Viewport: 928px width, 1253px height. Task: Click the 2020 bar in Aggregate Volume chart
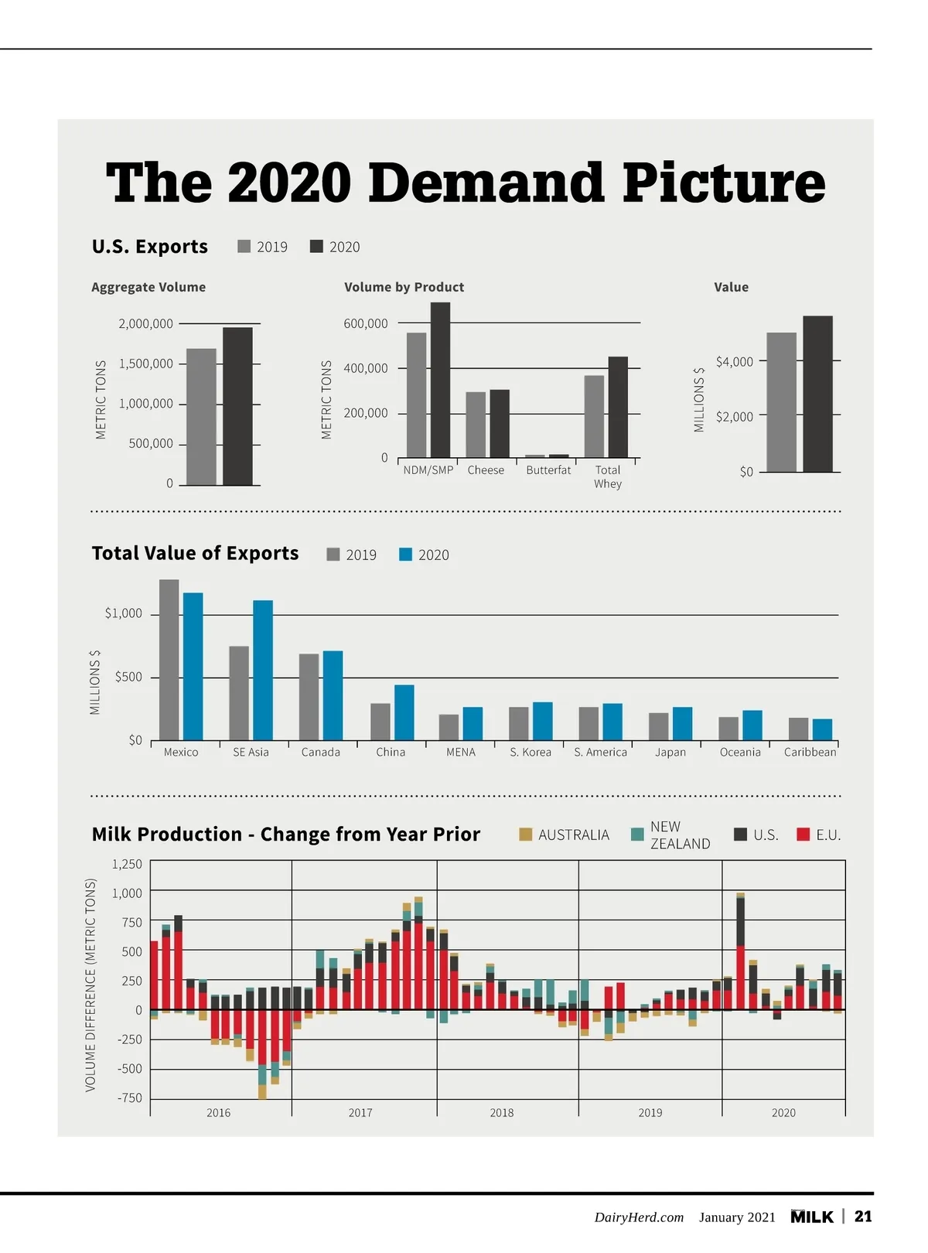click(237, 406)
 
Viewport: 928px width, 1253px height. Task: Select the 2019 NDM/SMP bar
click(416, 394)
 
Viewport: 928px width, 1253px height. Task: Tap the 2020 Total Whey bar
click(618, 407)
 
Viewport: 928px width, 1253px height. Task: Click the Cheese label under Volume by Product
click(486, 470)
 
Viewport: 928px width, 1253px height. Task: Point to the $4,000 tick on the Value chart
click(734, 362)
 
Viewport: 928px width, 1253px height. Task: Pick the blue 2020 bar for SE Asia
click(263, 670)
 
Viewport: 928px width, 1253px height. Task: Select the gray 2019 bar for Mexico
click(169, 660)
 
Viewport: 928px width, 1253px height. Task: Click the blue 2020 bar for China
click(404, 712)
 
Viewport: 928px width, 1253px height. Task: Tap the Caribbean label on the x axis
click(810, 753)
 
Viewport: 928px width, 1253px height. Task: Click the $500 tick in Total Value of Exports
click(128, 678)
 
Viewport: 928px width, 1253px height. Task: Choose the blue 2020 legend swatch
click(405, 555)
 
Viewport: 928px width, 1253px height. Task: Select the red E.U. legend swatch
click(803, 835)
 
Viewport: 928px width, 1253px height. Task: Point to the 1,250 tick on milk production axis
click(127, 865)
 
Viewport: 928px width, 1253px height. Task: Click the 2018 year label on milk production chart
click(501, 1113)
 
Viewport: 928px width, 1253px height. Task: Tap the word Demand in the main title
click(486, 183)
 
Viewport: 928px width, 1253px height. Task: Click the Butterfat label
click(548, 470)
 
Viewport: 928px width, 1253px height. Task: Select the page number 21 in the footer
click(863, 1217)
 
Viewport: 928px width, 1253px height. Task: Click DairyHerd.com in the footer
click(639, 1217)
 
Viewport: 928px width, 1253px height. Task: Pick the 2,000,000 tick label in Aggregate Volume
click(145, 324)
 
